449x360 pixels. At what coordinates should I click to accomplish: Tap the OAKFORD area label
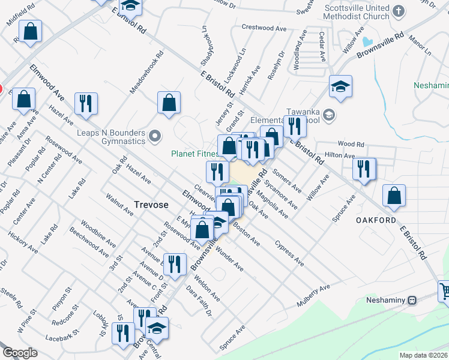pyautogui.click(x=376, y=220)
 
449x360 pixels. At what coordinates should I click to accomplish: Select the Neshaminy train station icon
pyautogui.click(x=412, y=300)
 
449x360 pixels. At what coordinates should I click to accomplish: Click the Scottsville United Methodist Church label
pyautogui.click(x=357, y=12)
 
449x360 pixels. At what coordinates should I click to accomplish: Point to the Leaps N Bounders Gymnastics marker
pyautogui.click(x=155, y=137)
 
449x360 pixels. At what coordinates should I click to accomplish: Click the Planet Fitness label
pyautogui.click(x=194, y=154)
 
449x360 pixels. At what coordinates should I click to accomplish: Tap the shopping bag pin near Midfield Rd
pyautogui.click(x=30, y=32)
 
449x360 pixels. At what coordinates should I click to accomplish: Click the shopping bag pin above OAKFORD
pyautogui.click(x=394, y=196)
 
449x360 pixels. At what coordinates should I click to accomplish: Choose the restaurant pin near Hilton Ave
pyautogui.click(x=364, y=169)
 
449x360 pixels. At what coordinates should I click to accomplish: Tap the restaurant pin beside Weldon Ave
pyautogui.click(x=175, y=265)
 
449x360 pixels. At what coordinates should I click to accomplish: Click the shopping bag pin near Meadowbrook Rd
pyautogui.click(x=169, y=102)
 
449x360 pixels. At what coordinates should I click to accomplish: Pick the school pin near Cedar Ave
pyautogui.click(x=340, y=86)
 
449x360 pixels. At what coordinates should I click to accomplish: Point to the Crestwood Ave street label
pyautogui.click(x=264, y=28)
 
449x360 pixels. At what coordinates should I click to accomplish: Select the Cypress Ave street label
pyautogui.click(x=289, y=253)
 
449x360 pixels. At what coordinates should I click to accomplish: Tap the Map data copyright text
pyautogui.click(x=424, y=355)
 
